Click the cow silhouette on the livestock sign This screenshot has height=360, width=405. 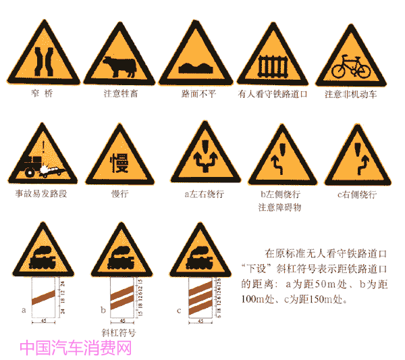click(x=117, y=67)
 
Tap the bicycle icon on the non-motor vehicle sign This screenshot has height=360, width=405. click(x=350, y=66)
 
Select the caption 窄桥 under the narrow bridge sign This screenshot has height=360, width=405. click(x=42, y=94)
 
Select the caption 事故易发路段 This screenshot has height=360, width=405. click(x=41, y=193)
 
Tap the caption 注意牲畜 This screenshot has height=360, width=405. click(x=119, y=94)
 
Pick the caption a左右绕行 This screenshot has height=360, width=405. click(x=204, y=194)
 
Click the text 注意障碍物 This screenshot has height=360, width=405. click(x=279, y=207)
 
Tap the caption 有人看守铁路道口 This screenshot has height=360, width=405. click(x=273, y=94)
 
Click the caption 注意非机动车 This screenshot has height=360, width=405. click(x=350, y=94)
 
